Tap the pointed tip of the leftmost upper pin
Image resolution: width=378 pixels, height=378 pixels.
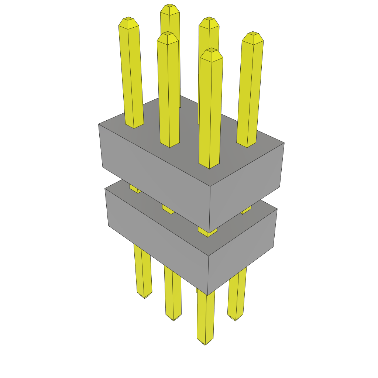point(128,18)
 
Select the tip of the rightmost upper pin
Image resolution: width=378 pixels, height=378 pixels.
point(253,33)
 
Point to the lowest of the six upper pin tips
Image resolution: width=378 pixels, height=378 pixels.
point(211,49)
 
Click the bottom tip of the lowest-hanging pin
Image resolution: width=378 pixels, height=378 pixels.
point(205,344)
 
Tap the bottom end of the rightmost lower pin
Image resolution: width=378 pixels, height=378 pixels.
point(235,319)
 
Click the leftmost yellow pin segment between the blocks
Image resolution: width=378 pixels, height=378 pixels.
point(135,189)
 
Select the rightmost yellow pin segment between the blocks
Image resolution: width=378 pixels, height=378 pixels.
point(247,210)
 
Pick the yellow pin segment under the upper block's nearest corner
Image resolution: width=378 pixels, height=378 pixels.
point(207,232)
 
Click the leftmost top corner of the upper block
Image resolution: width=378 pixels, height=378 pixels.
point(99,124)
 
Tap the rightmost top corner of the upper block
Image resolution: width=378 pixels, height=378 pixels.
point(284,143)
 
